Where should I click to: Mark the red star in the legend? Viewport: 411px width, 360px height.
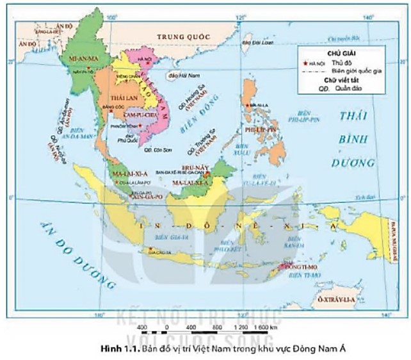click(304, 64)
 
